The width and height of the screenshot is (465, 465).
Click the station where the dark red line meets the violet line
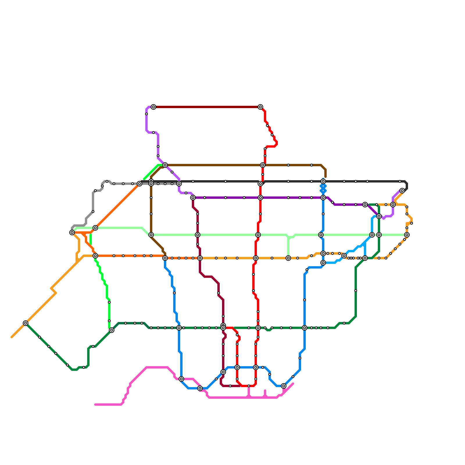point(153,107)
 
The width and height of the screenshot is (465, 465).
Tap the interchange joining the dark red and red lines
point(260,107)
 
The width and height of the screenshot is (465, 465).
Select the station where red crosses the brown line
point(263,165)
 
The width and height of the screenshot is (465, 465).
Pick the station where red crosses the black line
point(260,184)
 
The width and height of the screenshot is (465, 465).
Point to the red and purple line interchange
point(260,198)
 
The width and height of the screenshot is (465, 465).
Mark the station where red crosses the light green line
point(258,235)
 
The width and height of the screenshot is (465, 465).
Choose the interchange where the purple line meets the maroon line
point(193,198)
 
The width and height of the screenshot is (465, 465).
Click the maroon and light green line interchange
point(198,235)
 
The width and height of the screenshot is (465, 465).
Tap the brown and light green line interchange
point(151,235)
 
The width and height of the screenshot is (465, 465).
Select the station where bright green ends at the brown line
point(165,165)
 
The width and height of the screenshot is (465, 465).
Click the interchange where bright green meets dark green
point(112,330)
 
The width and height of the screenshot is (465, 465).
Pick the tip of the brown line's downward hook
point(325,177)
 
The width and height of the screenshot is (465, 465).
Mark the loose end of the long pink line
point(95,405)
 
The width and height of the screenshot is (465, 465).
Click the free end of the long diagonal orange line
point(12,337)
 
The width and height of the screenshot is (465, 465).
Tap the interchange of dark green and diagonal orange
point(26,323)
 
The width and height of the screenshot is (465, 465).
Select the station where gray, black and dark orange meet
point(139,184)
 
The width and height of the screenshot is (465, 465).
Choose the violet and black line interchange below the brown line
point(179,184)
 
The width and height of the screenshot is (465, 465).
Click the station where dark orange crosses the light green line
point(95,228)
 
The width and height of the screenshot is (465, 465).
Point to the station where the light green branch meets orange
point(288,258)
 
